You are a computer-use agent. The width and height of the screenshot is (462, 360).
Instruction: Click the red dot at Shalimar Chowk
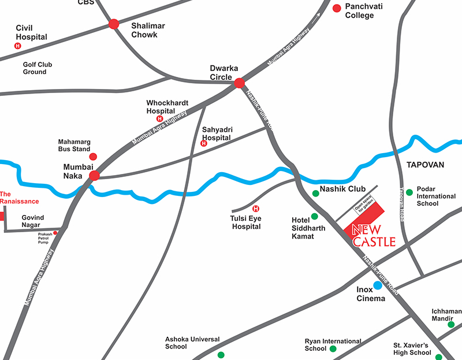tap(114, 24)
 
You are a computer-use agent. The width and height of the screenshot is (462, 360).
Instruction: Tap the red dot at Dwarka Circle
tap(239, 84)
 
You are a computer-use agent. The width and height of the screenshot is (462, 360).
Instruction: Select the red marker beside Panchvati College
tap(337, 8)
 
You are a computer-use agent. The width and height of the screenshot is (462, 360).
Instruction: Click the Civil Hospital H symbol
tap(17, 46)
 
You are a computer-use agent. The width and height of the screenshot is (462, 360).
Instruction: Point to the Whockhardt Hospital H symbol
tap(160, 118)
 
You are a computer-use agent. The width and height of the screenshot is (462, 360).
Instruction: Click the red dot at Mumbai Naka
tap(95, 176)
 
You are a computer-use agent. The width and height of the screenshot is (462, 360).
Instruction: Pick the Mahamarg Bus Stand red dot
tap(93, 157)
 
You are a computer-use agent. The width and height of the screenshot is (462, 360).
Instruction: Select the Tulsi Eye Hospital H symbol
tap(256, 209)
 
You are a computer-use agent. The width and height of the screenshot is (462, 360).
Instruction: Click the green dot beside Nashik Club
tap(315, 193)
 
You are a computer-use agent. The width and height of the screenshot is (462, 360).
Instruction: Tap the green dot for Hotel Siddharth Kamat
tap(314, 217)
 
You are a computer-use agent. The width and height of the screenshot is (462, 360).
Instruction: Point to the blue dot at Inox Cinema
tap(377, 285)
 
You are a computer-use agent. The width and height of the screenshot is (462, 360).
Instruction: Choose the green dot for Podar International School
tap(409, 192)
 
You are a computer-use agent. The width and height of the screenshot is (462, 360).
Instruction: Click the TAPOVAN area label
tap(424, 165)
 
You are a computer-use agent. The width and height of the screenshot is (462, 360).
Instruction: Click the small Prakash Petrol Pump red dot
tap(55, 233)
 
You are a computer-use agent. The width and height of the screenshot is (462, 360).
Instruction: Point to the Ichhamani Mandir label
tap(447, 315)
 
